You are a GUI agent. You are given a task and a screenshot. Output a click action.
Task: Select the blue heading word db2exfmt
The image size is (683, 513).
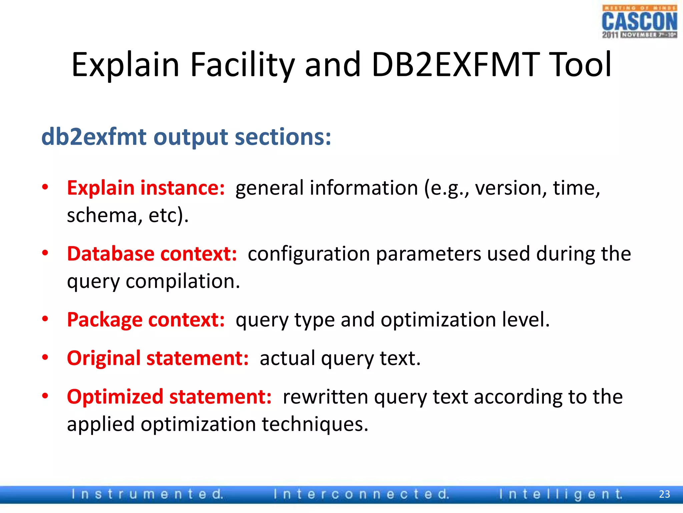[x=94, y=137]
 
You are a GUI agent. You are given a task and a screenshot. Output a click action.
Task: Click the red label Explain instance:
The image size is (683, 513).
[x=146, y=188]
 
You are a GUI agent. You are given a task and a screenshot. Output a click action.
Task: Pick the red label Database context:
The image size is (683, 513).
[x=152, y=254]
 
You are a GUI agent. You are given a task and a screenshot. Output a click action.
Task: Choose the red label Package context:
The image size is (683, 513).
[x=146, y=320]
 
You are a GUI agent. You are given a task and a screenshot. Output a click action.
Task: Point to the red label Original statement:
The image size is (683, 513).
[x=158, y=358]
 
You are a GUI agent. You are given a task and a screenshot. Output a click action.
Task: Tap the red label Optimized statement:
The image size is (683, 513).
[x=169, y=397]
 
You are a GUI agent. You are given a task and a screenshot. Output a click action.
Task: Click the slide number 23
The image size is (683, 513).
[x=664, y=494]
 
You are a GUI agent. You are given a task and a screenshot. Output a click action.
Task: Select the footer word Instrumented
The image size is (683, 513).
[x=147, y=494]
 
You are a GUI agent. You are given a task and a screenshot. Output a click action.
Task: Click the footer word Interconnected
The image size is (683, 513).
[x=361, y=494]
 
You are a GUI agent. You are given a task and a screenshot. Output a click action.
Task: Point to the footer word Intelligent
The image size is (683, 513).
[x=561, y=494]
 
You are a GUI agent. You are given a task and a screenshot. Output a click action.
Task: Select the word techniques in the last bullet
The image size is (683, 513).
[x=315, y=424]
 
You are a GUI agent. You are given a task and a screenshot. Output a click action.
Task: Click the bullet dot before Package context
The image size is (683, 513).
[x=45, y=319]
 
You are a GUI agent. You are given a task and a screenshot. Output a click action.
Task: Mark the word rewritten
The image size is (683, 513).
[x=325, y=397]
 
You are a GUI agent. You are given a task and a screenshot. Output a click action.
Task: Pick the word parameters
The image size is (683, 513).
[x=429, y=254]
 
